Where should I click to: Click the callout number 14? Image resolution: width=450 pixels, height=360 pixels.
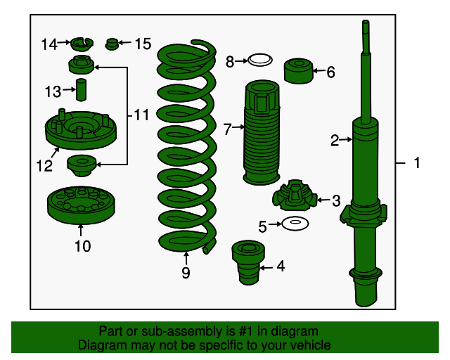point(49,44)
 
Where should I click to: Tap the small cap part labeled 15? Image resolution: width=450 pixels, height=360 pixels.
point(112,44)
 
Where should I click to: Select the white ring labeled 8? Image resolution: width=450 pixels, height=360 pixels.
point(260,60)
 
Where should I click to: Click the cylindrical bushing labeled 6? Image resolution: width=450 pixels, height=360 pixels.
point(298,71)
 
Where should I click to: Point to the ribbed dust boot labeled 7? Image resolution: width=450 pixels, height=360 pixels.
point(261,132)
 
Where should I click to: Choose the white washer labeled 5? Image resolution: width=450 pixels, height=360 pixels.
point(295,224)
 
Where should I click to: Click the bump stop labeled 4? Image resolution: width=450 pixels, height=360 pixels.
point(248,262)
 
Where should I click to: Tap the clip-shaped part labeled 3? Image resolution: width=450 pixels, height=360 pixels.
point(295,195)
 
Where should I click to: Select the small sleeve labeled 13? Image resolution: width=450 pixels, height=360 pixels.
point(82,89)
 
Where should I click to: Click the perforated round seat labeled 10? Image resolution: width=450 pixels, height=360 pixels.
point(81,205)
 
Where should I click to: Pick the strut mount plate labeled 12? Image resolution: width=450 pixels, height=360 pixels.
point(81,129)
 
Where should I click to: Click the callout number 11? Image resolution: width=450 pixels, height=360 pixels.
point(141,115)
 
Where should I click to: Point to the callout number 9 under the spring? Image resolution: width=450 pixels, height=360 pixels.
point(186,272)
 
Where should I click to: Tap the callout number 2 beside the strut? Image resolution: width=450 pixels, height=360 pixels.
point(335,141)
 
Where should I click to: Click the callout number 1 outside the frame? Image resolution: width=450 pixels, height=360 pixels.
point(417,163)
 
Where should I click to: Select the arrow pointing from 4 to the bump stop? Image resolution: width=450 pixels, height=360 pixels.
point(266,268)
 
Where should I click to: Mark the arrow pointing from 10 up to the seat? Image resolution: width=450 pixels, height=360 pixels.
point(81,230)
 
